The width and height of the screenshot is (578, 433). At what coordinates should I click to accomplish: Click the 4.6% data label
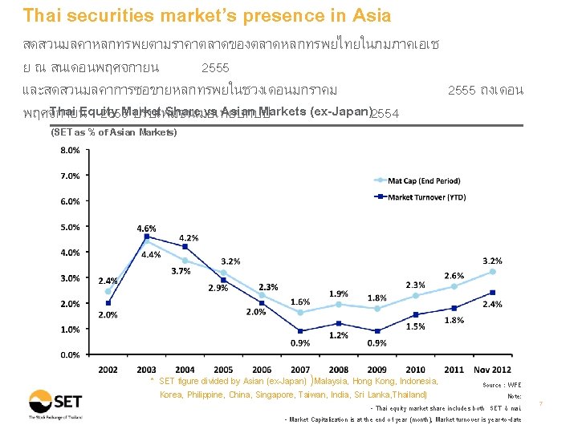146,229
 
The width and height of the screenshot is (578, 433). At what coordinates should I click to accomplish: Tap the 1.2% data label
339,335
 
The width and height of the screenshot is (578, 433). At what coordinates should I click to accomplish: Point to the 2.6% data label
454,276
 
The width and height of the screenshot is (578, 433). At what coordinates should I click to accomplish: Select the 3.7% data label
181,272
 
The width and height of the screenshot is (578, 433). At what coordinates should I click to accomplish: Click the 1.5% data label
416,326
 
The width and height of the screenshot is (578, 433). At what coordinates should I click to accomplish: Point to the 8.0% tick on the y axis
71,150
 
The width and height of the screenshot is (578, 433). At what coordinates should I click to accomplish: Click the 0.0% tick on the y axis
71,354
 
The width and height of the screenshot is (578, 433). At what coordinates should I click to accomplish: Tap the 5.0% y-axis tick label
71,227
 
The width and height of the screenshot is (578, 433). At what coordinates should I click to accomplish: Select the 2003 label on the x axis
147,369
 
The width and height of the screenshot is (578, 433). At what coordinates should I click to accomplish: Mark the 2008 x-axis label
339,369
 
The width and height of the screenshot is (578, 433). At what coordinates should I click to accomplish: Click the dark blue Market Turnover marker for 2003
147,237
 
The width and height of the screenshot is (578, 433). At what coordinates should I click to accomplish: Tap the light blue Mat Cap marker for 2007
300,313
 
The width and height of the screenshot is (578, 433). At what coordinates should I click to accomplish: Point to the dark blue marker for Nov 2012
493,293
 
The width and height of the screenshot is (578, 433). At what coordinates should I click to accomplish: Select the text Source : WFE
502,385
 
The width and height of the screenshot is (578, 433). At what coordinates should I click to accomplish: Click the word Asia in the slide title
368,15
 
